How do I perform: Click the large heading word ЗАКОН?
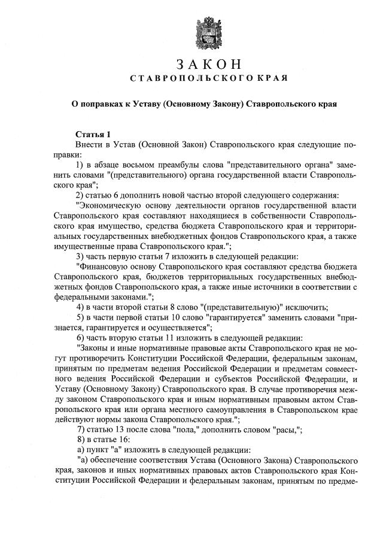(x=209, y=64)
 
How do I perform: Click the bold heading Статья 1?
(x=93, y=135)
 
